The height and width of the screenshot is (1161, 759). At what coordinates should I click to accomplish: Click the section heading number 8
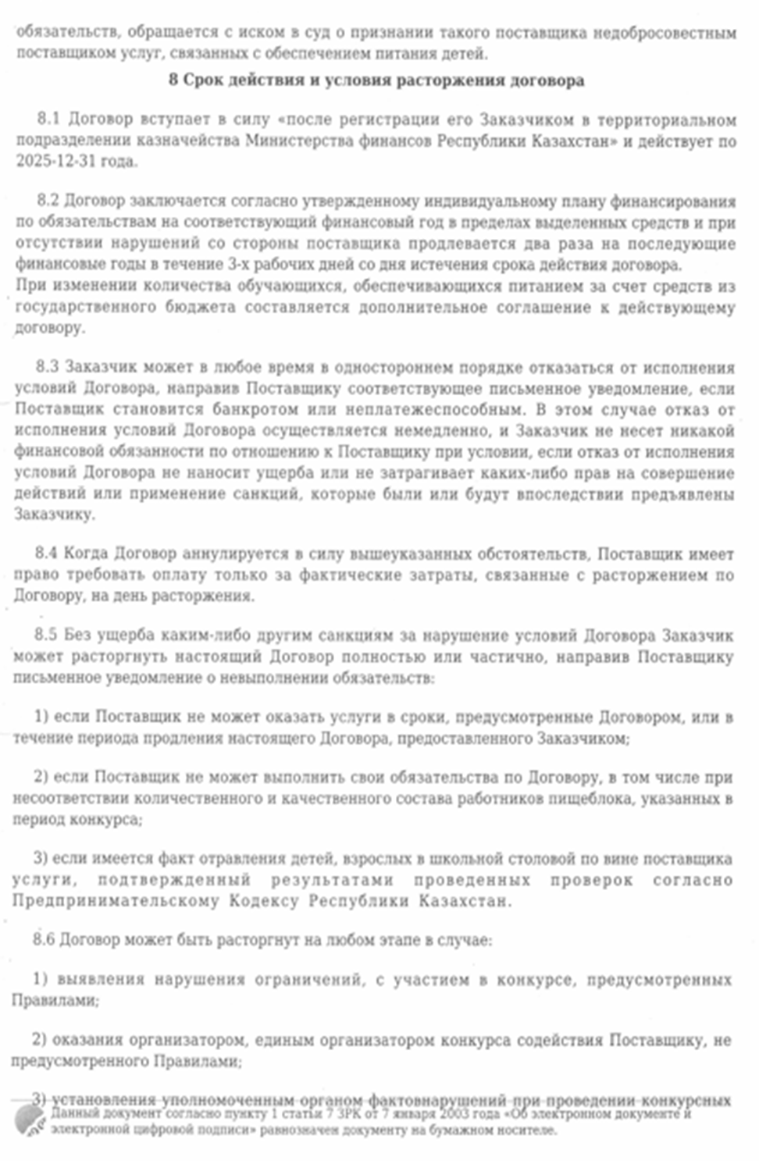click(173, 80)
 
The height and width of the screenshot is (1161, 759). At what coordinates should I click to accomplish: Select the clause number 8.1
click(48, 119)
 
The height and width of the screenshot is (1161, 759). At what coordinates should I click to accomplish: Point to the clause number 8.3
click(47, 367)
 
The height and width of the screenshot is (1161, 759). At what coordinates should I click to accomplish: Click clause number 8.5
click(45, 635)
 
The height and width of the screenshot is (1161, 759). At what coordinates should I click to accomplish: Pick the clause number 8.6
click(44, 939)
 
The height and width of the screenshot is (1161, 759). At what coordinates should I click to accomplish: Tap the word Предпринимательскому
click(115, 900)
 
